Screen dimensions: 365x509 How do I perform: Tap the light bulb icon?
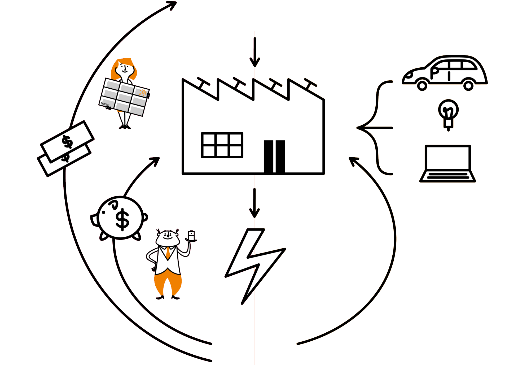448,114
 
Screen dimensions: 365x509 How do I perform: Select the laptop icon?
447,163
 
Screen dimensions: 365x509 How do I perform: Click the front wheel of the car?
422,86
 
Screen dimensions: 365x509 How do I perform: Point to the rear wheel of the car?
468,86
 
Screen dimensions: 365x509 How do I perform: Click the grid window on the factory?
222,145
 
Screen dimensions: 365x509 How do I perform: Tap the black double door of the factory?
274,157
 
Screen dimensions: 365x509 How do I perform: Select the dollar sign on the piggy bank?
122,219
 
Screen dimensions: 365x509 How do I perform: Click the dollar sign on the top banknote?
67,142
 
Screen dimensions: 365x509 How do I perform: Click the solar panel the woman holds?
124,97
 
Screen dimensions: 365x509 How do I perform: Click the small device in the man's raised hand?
191,236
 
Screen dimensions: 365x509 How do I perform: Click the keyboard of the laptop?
447,176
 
